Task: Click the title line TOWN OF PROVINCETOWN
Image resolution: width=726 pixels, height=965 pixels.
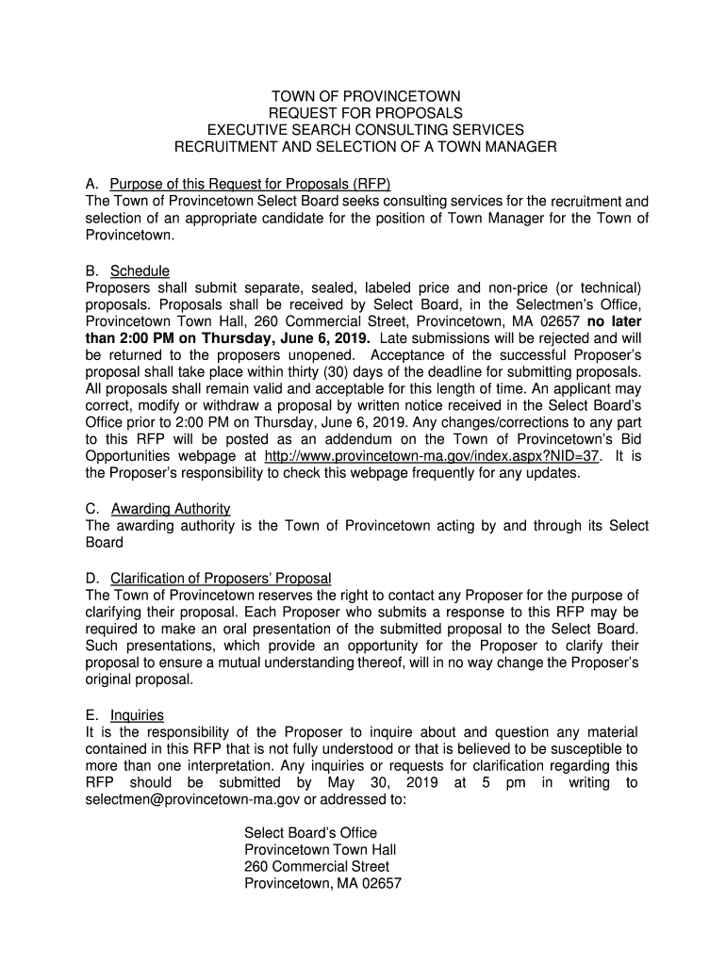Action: coord(366,97)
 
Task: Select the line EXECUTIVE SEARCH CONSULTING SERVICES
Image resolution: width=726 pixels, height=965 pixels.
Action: coord(366,130)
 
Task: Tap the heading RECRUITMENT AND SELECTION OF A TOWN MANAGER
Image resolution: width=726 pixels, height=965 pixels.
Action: coord(366,147)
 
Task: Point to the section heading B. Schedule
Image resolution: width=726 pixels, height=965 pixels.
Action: coord(127,271)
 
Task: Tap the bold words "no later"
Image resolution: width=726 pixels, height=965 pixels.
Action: coord(618,321)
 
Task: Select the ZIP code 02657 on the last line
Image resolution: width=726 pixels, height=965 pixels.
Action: coord(381,884)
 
